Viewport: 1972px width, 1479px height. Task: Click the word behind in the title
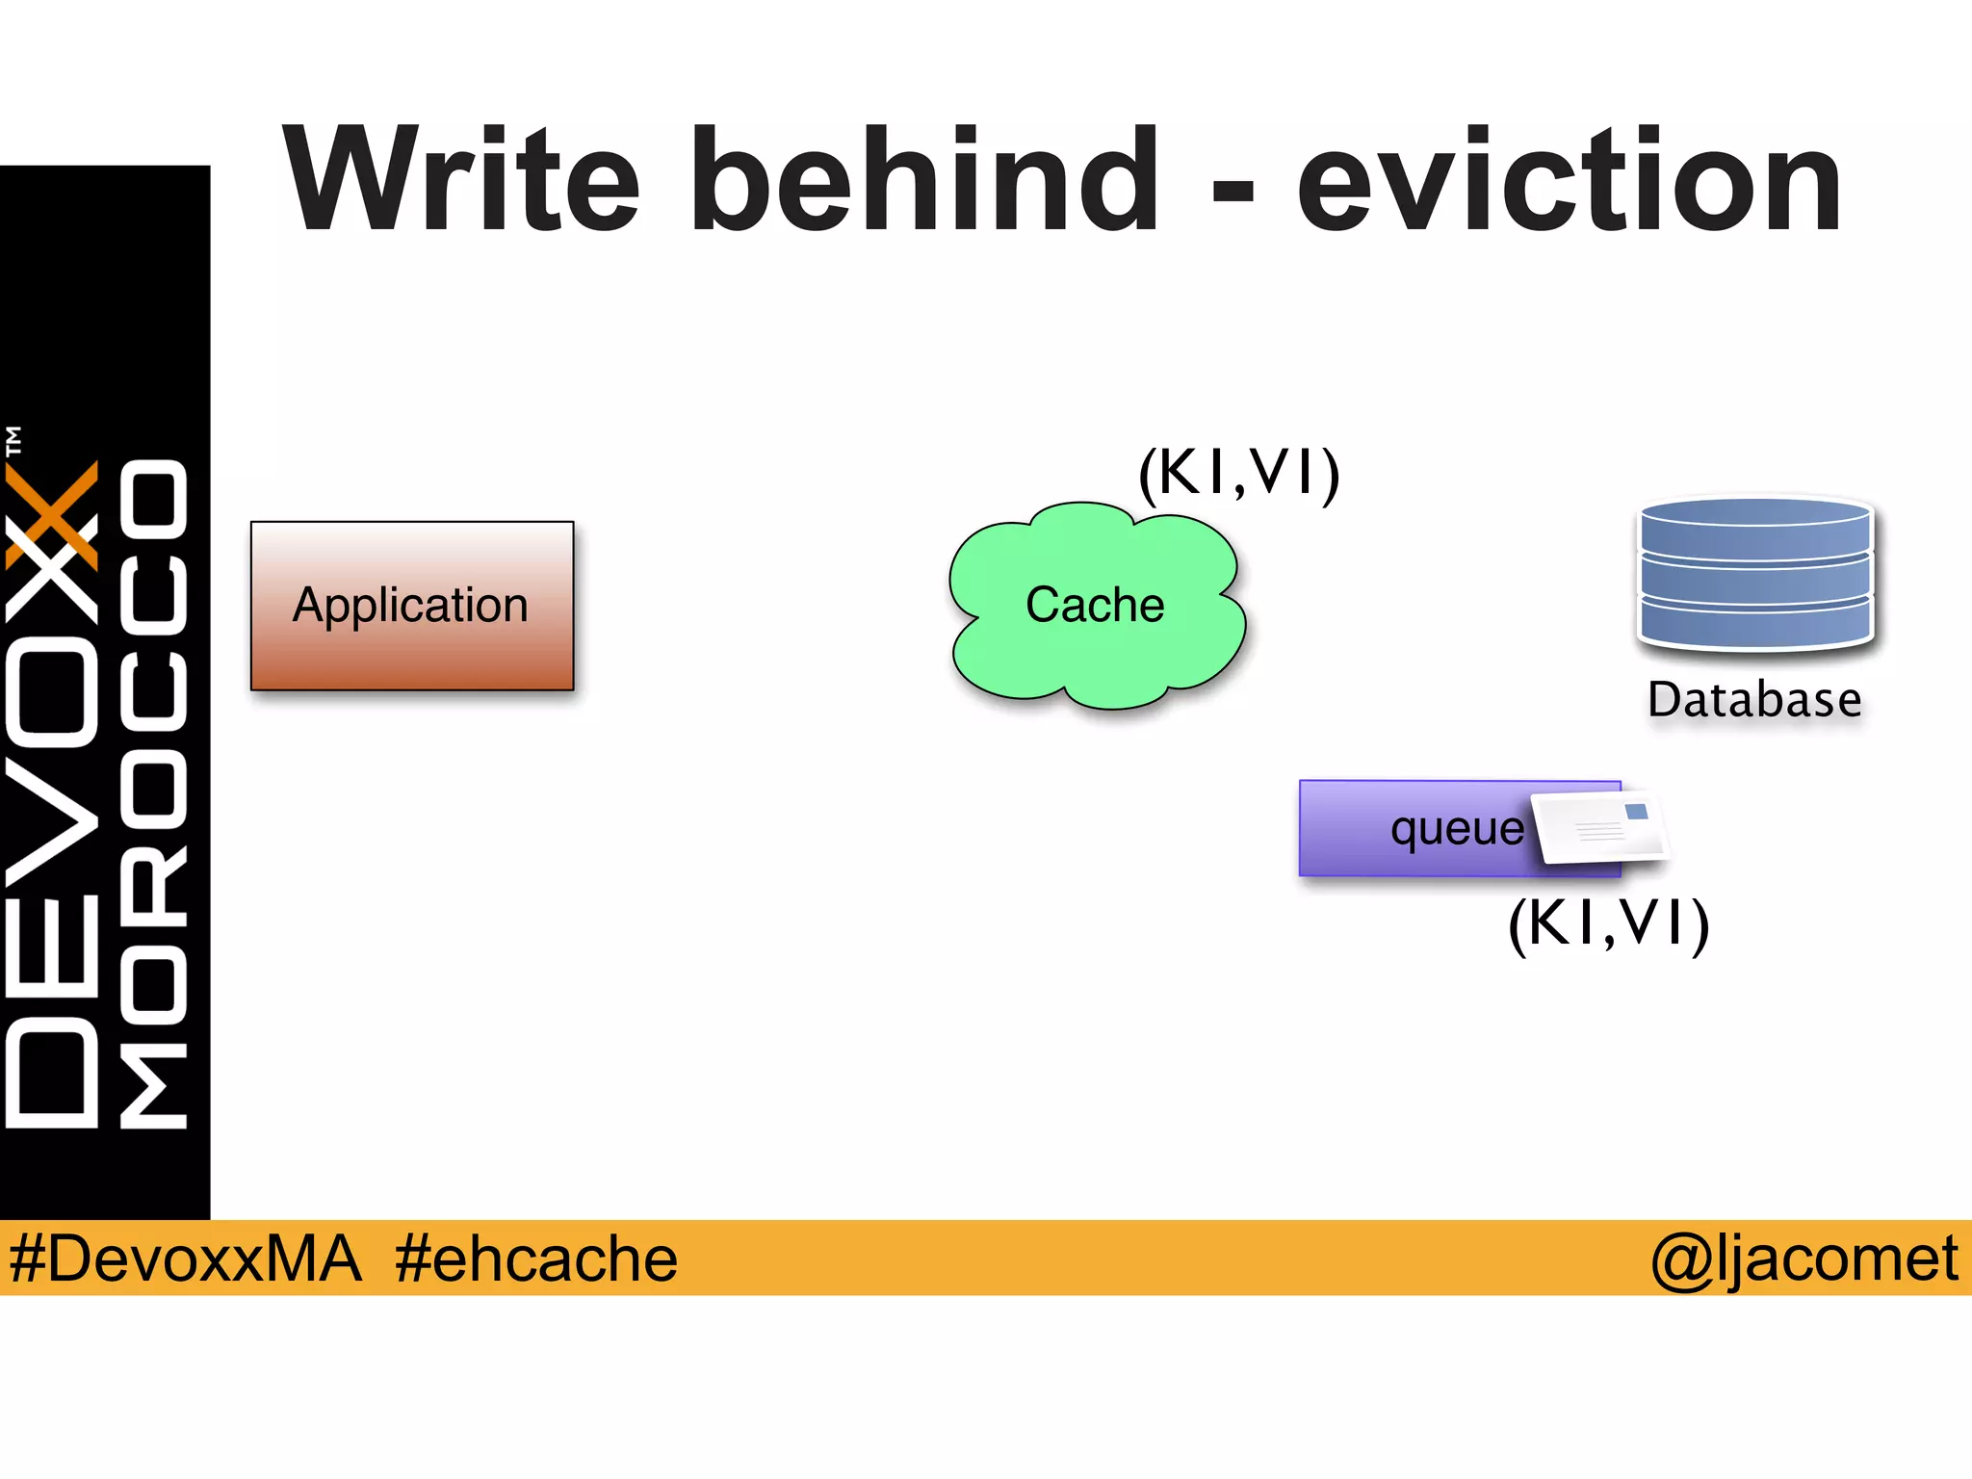click(x=924, y=181)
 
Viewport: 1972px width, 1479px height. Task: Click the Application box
click(x=412, y=606)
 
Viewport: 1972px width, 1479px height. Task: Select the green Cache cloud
click(x=1096, y=606)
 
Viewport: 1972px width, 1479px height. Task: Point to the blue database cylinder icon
click(x=1754, y=572)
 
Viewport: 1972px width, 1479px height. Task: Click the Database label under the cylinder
click(x=1754, y=700)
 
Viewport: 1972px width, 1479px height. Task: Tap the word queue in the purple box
click(x=1457, y=829)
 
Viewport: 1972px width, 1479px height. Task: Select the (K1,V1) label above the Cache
click(x=1238, y=473)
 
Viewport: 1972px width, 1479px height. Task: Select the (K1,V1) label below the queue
click(x=1608, y=923)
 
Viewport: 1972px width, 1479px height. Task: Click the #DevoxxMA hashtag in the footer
click(x=185, y=1258)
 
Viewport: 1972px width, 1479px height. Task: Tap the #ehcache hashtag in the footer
click(x=535, y=1258)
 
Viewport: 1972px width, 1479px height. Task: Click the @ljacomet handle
click(x=1803, y=1258)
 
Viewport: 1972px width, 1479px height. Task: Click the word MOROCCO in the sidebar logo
click(x=154, y=794)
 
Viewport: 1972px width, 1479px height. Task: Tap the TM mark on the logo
click(x=13, y=441)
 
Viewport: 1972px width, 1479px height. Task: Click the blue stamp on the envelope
click(x=1636, y=813)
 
